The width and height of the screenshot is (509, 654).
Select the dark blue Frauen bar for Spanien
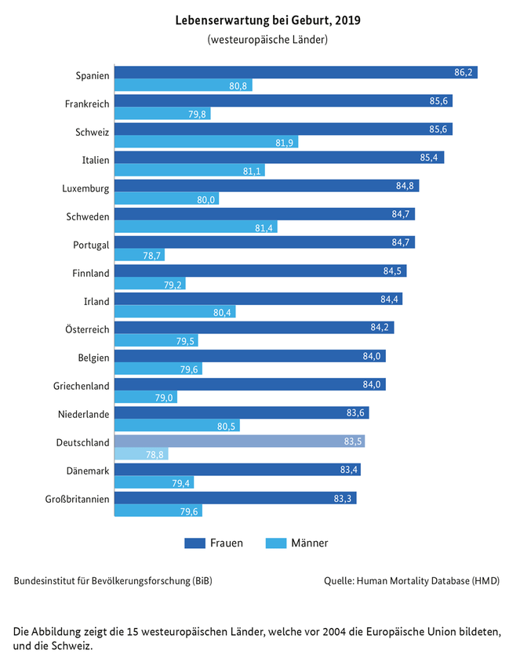coord(296,72)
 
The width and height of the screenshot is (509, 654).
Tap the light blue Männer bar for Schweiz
coord(206,143)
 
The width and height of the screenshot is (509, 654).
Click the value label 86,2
coord(464,72)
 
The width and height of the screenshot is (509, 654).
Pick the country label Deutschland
coord(82,442)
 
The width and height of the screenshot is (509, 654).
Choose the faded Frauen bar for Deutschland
coord(239,441)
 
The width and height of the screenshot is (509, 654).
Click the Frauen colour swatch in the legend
coord(194,543)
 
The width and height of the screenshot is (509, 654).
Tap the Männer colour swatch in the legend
coord(276,543)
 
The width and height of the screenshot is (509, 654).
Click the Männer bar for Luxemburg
coord(166,199)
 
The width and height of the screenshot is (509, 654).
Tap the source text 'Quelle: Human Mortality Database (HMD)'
coord(411,581)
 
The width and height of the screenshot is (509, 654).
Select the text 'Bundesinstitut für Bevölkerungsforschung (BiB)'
coord(113,581)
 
